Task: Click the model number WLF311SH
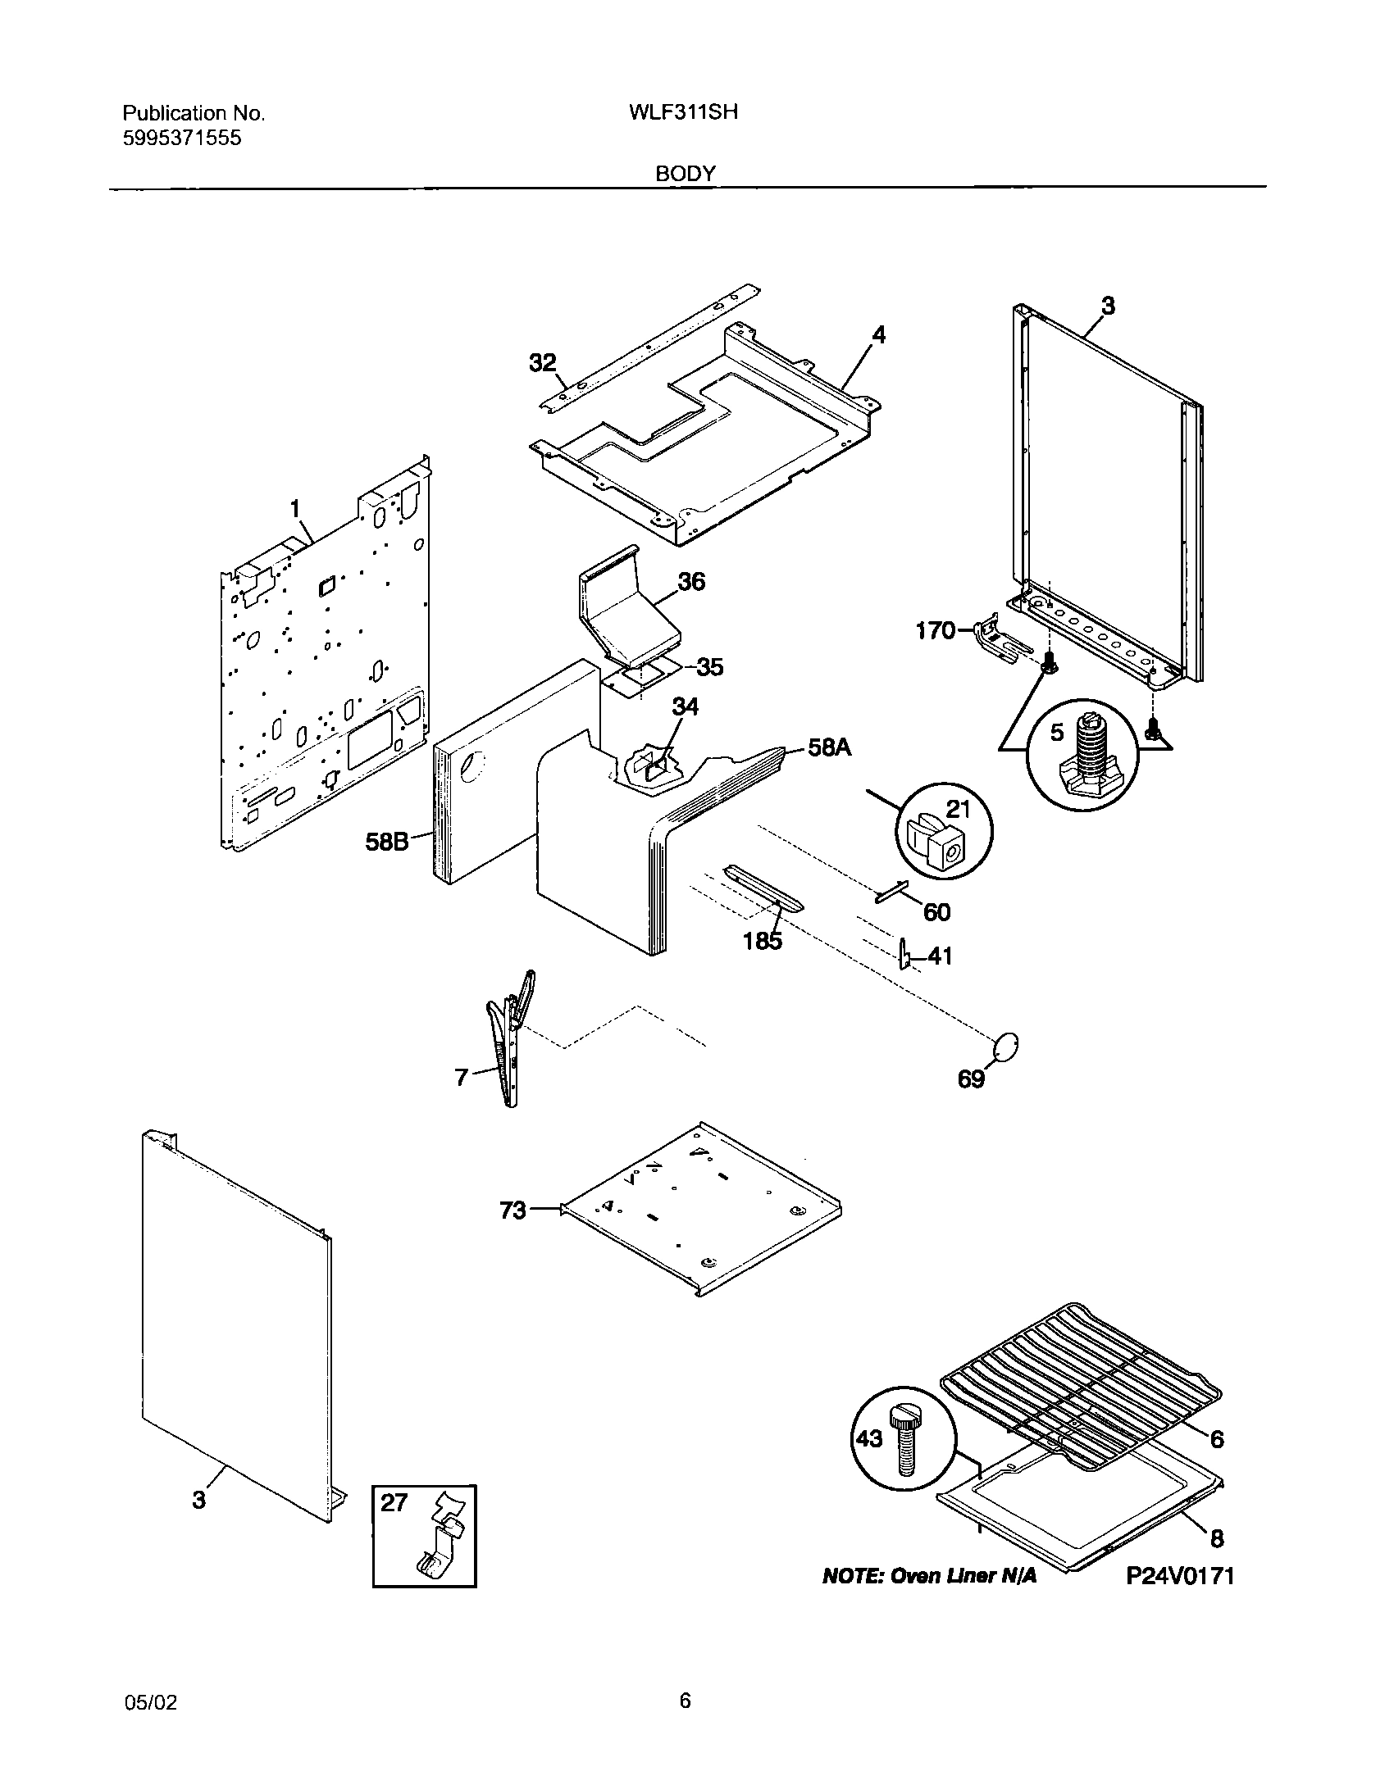pos(682,112)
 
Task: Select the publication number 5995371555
pos(182,138)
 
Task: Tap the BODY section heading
pos(686,174)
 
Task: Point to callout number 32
pos(542,363)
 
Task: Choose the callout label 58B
pos(387,841)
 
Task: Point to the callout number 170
pos(935,631)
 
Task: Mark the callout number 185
pos(763,941)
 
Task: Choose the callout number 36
pos(690,582)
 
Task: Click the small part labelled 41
pos(904,953)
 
